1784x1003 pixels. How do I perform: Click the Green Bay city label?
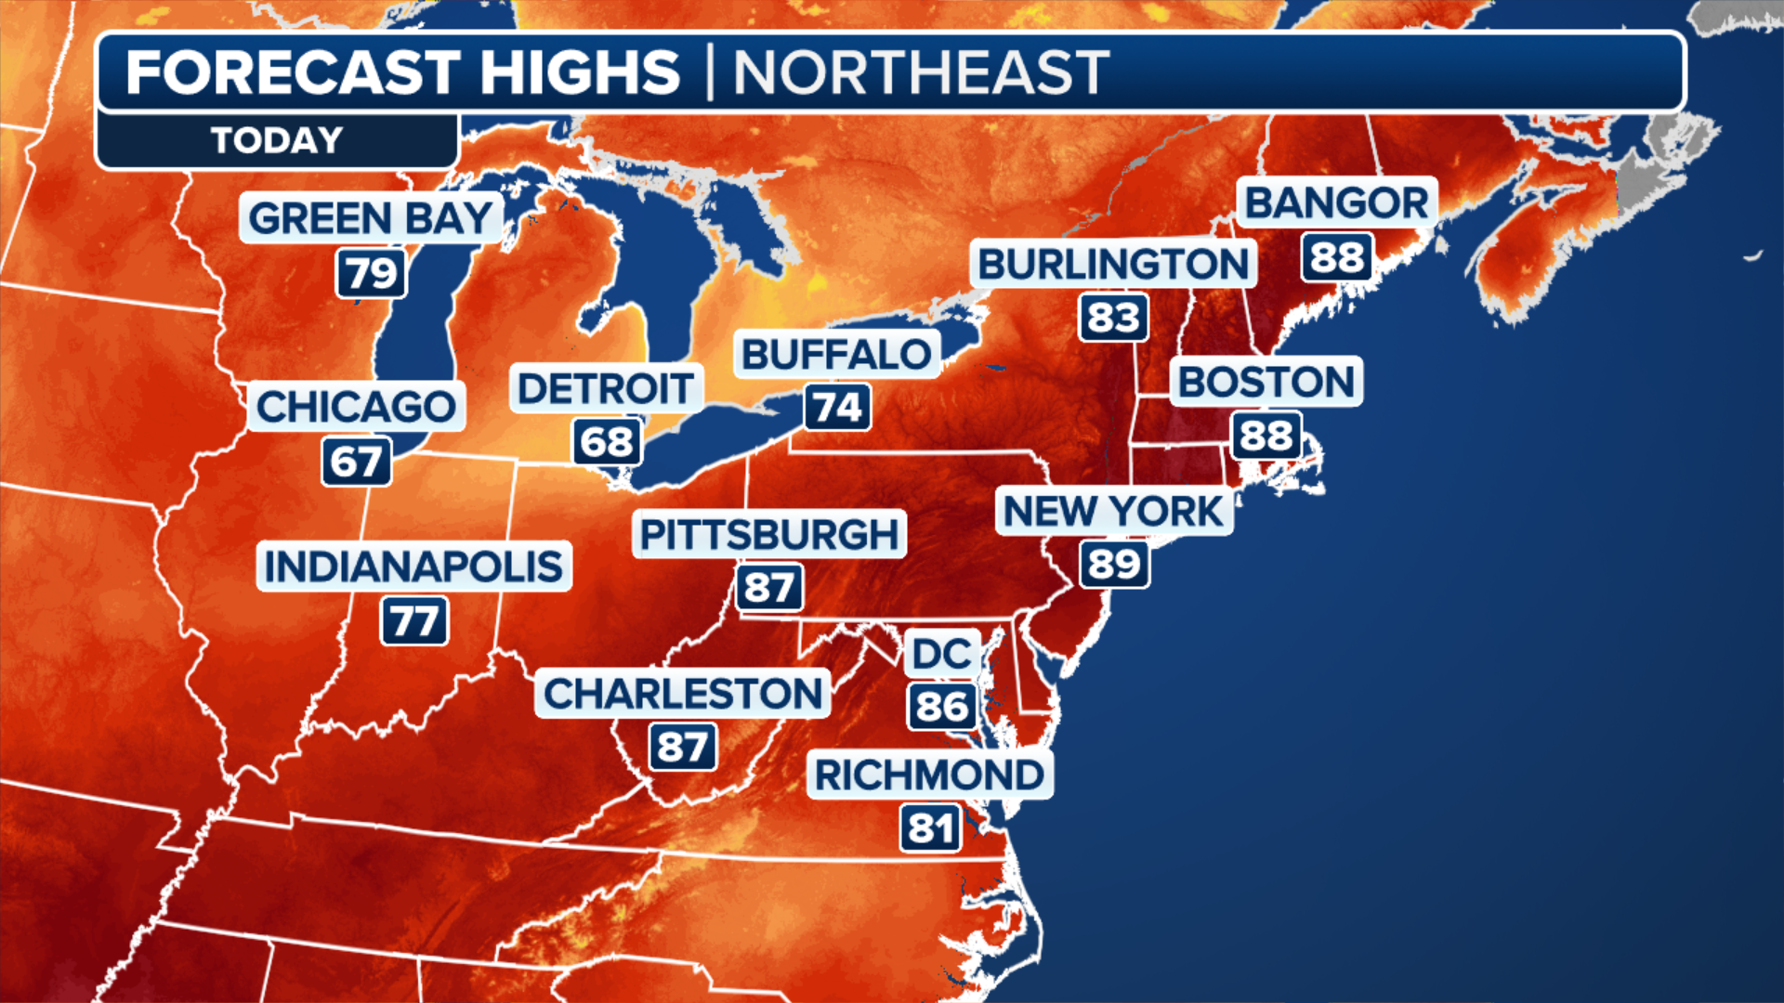pyautogui.click(x=370, y=219)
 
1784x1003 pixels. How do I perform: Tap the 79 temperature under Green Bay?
pyautogui.click(x=372, y=274)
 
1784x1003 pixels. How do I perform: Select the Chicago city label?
pyautogui.click(x=356, y=407)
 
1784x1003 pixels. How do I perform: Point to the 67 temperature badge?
pyautogui.click(x=357, y=462)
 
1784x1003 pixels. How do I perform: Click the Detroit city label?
pyautogui.click(x=606, y=388)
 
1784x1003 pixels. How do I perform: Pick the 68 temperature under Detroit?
pyautogui.click(x=607, y=442)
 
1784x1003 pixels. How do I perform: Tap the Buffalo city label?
pyautogui.click(x=836, y=354)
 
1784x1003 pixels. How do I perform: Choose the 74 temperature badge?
pyautogui.click(x=837, y=408)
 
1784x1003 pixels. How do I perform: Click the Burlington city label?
pyautogui.click(x=1113, y=264)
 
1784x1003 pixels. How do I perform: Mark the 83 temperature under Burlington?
pyautogui.click(x=1113, y=318)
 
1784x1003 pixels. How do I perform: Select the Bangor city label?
pyautogui.click(x=1336, y=202)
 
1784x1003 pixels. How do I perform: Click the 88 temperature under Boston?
pyautogui.click(x=1266, y=436)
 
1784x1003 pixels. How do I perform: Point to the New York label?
pyautogui.click(x=1113, y=512)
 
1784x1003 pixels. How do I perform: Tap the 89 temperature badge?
pyautogui.click(x=1114, y=565)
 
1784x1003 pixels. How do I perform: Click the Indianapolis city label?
pyautogui.click(x=413, y=567)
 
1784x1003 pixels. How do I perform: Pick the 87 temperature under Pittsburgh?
pyautogui.click(x=769, y=588)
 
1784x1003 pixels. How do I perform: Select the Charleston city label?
pyautogui.click(x=683, y=694)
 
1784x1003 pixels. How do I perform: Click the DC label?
pyautogui.click(x=942, y=654)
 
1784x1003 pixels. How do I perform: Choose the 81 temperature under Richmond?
pyautogui.click(x=930, y=828)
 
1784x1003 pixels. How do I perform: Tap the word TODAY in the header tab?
pyautogui.click(x=277, y=141)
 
